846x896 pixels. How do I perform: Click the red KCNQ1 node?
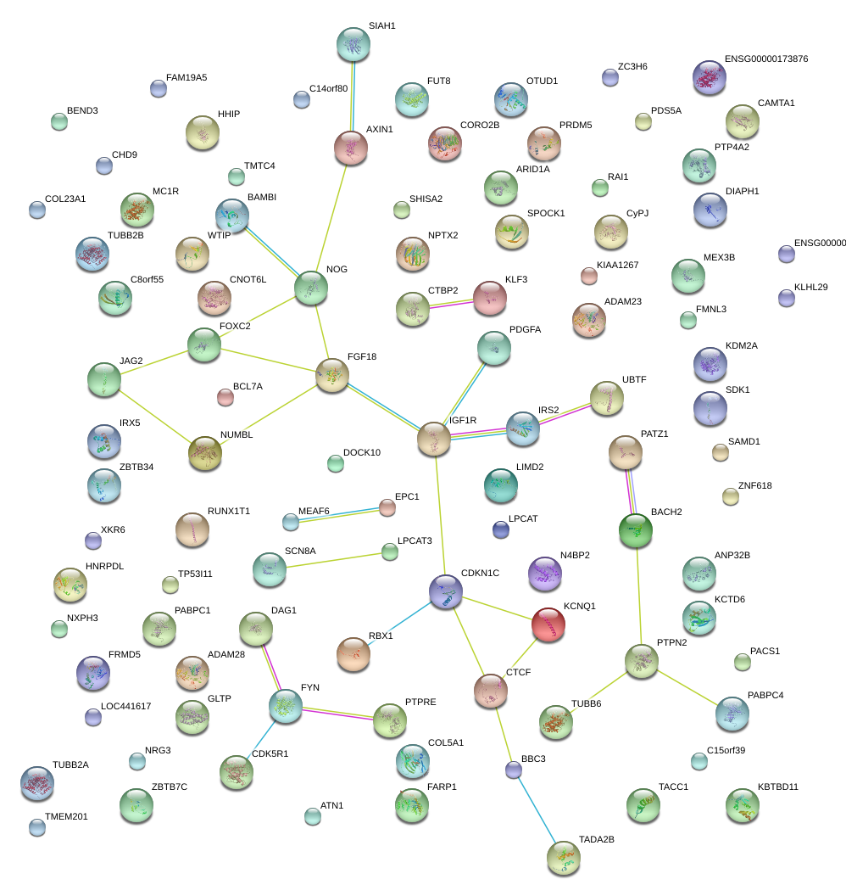coord(548,624)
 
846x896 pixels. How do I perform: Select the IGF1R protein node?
coord(434,438)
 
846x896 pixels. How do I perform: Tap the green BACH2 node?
coord(636,529)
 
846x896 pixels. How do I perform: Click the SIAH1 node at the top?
coord(353,43)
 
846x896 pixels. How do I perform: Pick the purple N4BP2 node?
coord(545,574)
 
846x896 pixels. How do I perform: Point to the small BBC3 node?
coord(513,770)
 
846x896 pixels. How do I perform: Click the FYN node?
coord(285,705)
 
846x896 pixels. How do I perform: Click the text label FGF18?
coord(362,356)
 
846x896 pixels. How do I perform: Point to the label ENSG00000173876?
coord(766,59)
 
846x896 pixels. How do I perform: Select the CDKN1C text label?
coord(480,574)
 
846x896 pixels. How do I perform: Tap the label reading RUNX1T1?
coord(230,512)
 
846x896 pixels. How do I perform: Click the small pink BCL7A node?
coord(225,396)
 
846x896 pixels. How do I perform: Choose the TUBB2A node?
coord(36,782)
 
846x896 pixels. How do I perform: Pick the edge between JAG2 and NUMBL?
coord(154,417)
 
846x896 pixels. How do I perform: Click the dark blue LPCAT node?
coord(500,529)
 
